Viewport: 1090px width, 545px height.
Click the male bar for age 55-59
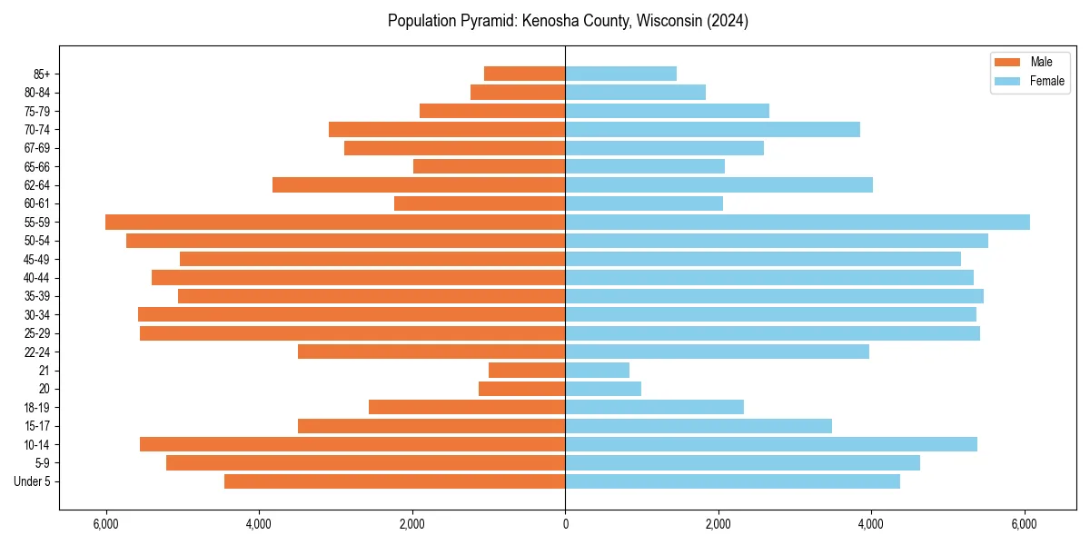(x=335, y=222)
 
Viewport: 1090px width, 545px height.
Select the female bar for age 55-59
(x=798, y=222)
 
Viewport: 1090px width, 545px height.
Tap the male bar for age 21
(x=527, y=370)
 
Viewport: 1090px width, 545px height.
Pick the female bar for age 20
(x=603, y=389)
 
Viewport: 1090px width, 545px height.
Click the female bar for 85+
(x=621, y=74)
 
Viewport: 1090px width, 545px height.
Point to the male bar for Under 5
(x=395, y=481)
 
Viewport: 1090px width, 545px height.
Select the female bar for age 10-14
(x=771, y=444)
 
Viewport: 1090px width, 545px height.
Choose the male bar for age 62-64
(x=419, y=184)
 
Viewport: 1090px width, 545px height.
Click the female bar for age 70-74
(x=713, y=129)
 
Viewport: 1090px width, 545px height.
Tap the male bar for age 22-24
(x=431, y=352)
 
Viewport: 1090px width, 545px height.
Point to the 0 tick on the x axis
(x=565, y=524)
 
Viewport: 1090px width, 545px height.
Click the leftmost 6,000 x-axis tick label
(x=106, y=524)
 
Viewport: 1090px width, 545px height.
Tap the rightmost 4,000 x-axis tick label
(x=871, y=524)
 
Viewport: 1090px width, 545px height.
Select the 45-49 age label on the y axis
(x=37, y=259)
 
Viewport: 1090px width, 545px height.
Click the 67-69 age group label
(x=37, y=148)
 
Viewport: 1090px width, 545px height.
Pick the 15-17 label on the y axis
(x=37, y=426)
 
